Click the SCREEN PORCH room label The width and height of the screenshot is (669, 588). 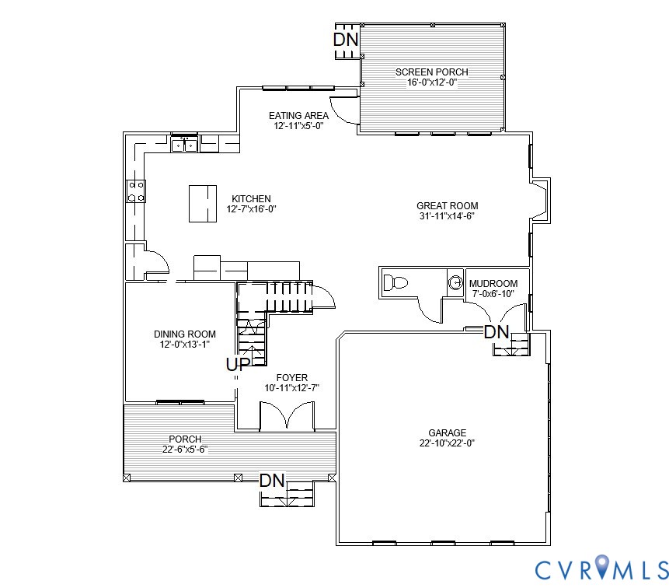click(432, 72)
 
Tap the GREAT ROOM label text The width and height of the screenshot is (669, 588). click(447, 206)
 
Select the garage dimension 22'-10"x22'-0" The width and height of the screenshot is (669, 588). click(447, 443)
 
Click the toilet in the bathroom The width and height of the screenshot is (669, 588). click(395, 282)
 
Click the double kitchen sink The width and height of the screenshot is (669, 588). click(184, 144)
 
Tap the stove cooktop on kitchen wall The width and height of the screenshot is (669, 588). click(136, 191)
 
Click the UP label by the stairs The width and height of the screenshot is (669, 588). click(238, 364)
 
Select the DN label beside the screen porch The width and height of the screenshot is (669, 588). click(346, 39)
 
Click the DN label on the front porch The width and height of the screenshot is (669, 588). click(272, 481)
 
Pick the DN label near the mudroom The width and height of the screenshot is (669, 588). click(496, 332)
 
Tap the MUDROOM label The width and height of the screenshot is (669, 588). click(494, 284)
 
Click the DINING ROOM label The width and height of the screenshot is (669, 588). click(185, 334)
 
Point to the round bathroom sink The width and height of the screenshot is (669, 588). click(455, 283)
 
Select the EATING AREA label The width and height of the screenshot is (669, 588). click(298, 116)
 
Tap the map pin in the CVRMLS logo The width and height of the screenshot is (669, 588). click(601, 568)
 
